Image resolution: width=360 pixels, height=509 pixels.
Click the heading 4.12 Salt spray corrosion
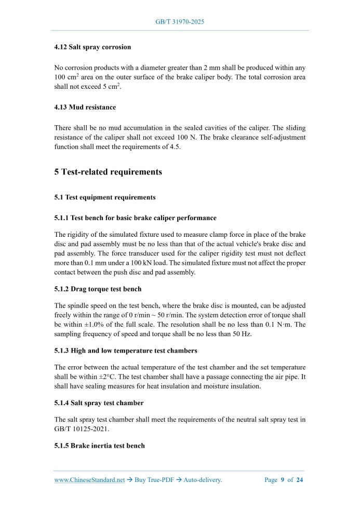pos(92,47)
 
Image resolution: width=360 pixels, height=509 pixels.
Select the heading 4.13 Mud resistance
pos(85,107)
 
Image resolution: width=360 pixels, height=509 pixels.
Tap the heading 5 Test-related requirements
pos(108,172)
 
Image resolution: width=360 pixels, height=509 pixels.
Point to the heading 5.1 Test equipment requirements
pos(104,197)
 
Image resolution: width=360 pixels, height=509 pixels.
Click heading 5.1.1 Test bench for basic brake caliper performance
pos(135,218)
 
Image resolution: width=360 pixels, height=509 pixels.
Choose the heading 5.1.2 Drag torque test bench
pos(98,289)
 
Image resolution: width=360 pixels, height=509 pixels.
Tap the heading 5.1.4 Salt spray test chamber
pos(99,403)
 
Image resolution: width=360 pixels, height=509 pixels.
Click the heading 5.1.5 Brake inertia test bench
pos(99,446)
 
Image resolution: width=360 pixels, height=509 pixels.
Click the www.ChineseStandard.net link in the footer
pos(89,480)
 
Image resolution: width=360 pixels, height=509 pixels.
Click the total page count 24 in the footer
pos(300,480)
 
